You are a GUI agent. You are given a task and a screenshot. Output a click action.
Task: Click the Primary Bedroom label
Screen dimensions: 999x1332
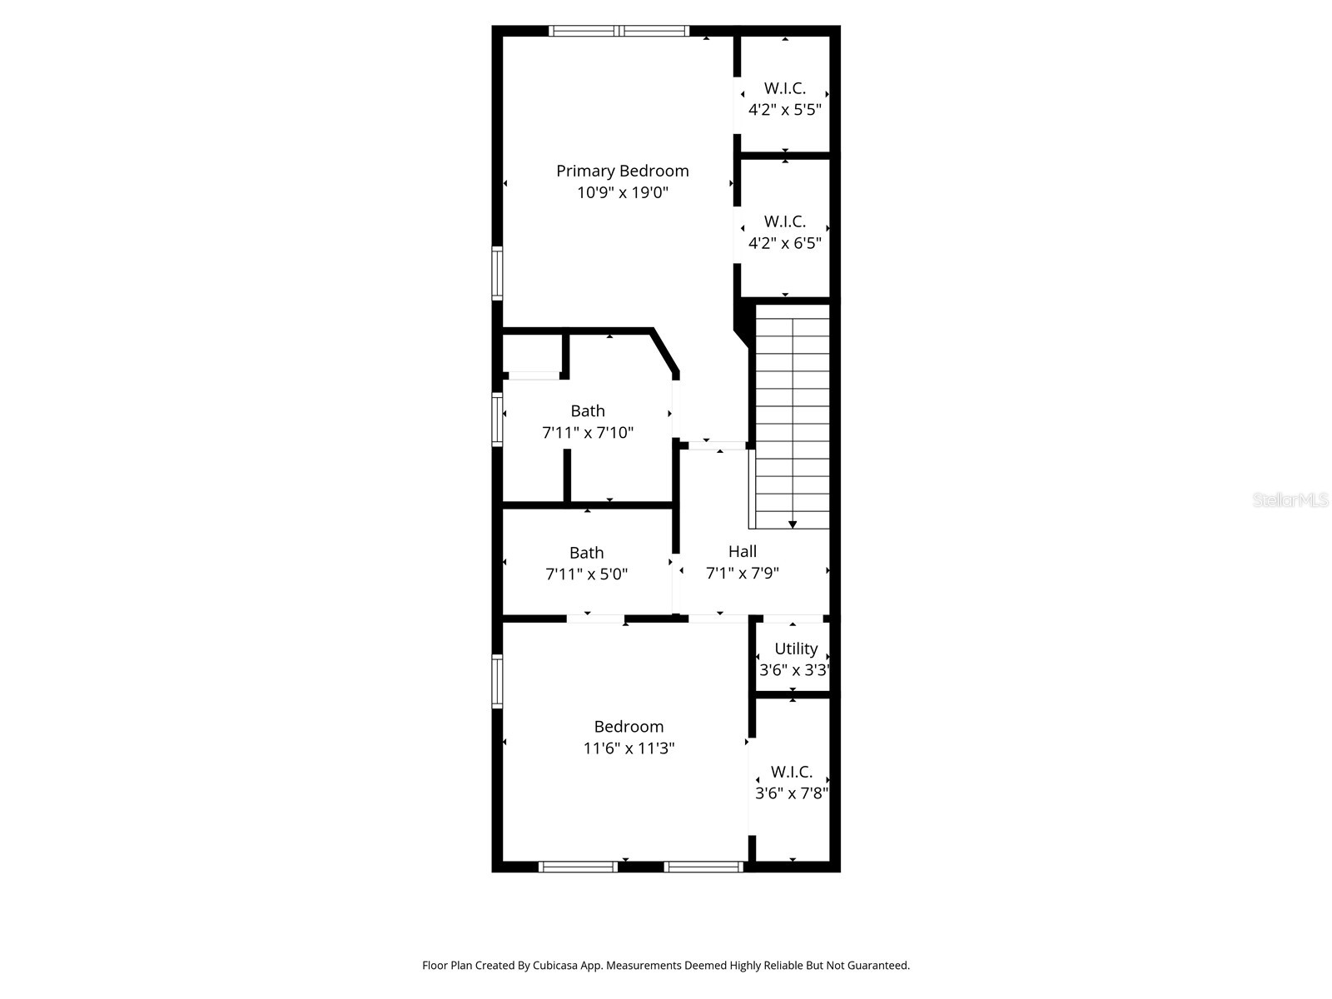click(x=623, y=171)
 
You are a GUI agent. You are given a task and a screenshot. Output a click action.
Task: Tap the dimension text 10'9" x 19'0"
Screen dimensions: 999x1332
click(x=623, y=193)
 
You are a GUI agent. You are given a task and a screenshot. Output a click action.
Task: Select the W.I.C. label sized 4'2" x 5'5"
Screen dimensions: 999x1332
click(x=785, y=88)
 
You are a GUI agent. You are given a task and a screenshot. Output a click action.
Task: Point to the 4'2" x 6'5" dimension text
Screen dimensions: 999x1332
click(x=785, y=243)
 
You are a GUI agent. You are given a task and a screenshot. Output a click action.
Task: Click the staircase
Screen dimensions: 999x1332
click(x=793, y=416)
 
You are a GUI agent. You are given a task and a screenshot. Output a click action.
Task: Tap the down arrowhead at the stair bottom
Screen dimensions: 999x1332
click(x=793, y=524)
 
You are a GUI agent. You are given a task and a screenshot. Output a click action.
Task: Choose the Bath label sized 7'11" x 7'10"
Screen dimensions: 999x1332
click(x=588, y=410)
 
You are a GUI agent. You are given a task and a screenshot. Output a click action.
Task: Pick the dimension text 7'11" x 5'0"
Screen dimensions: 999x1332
click(x=587, y=574)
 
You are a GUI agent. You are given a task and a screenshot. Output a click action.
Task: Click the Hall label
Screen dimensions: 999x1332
click(x=743, y=551)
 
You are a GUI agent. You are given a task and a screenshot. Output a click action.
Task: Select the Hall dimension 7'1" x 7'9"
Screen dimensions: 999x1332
click(x=743, y=573)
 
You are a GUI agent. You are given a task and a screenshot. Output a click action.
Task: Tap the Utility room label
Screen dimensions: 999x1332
click(x=796, y=649)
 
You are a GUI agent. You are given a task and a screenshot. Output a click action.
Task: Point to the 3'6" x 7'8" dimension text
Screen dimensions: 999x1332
click(x=792, y=793)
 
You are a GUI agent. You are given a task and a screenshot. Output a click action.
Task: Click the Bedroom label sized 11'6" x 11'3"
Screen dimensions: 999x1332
click(x=629, y=727)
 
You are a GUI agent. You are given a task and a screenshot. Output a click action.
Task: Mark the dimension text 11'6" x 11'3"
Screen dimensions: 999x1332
click(x=629, y=748)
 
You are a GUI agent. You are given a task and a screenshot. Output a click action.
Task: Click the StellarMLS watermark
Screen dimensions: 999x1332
click(x=1290, y=500)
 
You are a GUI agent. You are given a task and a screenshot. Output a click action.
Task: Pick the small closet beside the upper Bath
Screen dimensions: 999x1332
click(x=533, y=354)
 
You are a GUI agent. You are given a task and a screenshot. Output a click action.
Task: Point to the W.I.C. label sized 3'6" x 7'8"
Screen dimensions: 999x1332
click(x=792, y=772)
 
